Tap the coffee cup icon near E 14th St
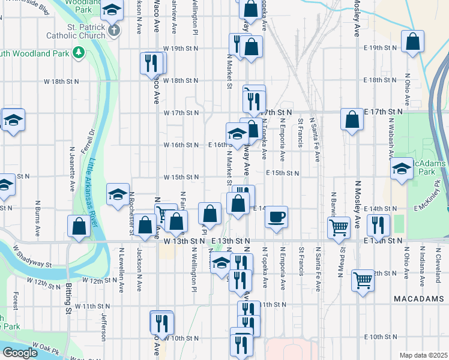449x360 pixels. pyautogui.click(x=276, y=216)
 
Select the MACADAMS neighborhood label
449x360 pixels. pyautogui.click(x=418, y=298)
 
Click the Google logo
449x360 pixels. pyautogui.click(x=20, y=352)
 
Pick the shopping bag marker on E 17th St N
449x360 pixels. pyautogui.click(x=351, y=119)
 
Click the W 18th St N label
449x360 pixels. pyautogui.click(x=181, y=80)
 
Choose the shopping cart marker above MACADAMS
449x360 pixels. pyautogui.click(x=363, y=280)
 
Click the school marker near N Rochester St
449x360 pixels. pyautogui.click(x=118, y=193)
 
